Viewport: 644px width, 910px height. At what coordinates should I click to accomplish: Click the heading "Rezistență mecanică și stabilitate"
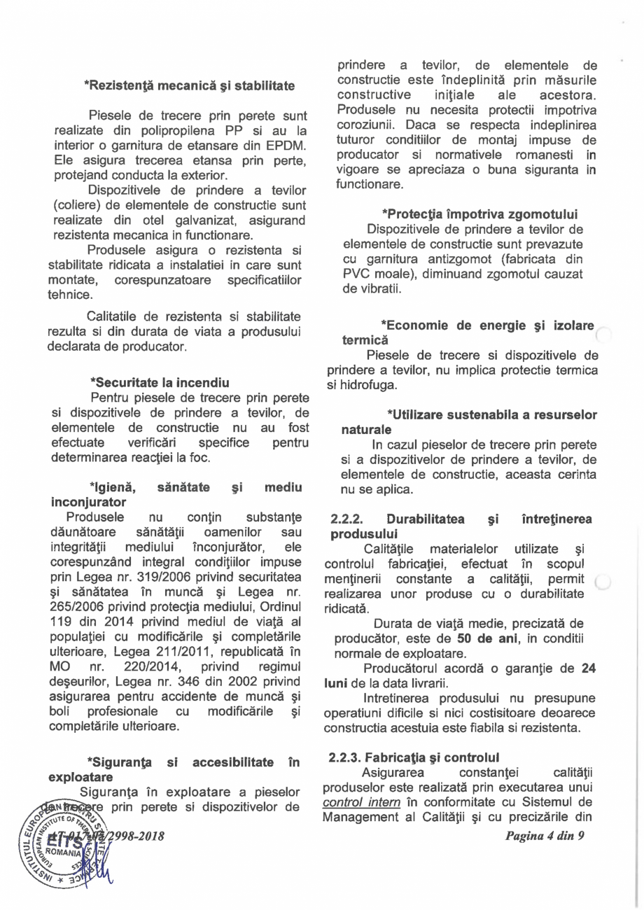click(189, 87)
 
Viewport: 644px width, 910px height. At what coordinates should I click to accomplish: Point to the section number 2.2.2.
click(349, 519)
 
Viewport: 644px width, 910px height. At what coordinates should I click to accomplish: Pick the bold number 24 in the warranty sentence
click(588, 668)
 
